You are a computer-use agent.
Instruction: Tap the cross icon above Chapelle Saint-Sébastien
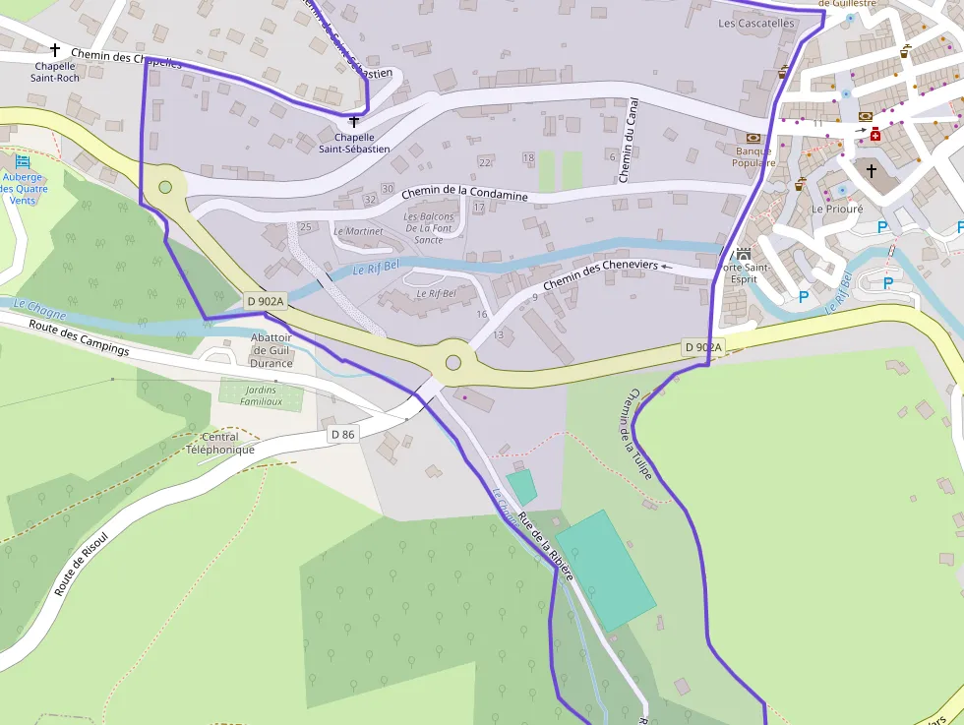(x=354, y=122)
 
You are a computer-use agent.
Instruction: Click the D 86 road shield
(x=342, y=434)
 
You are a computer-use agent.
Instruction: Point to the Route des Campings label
(x=79, y=337)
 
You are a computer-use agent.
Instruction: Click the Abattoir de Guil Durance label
(x=271, y=349)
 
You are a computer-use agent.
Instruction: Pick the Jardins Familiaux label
(x=248, y=395)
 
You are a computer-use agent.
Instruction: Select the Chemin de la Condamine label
(x=464, y=193)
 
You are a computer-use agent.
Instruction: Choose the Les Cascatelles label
(x=755, y=23)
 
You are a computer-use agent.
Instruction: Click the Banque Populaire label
(x=754, y=156)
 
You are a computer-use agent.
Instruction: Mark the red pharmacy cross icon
(x=874, y=133)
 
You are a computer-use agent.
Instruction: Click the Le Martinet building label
(x=358, y=231)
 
